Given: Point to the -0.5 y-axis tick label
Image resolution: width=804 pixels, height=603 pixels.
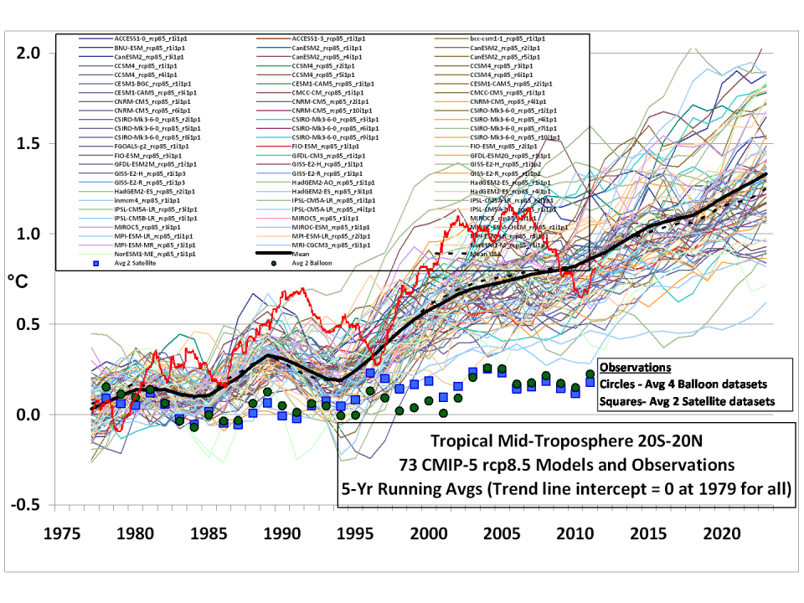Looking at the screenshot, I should click(25, 505).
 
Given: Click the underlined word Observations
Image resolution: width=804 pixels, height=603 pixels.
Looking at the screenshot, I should click(637, 368).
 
